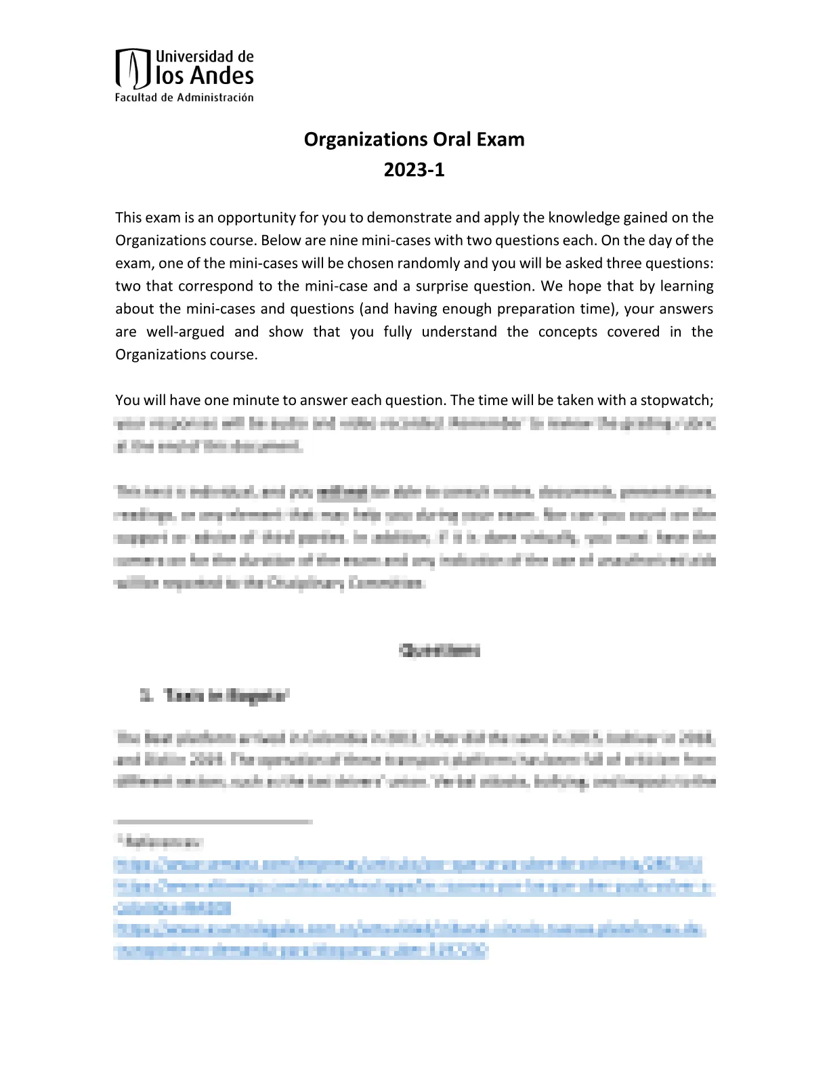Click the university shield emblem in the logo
pos(133,68)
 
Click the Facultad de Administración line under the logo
pos(184,98)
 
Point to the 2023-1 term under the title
pos(414,169)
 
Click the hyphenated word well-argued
pos(185,332)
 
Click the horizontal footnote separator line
pos(213,821)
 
